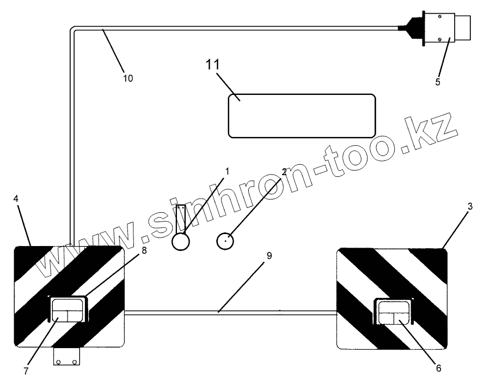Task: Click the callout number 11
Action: point(212,64)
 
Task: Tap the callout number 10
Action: point(127,78)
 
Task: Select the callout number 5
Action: point(438,82)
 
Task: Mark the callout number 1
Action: point(228,171)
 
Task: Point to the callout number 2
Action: point(284,171)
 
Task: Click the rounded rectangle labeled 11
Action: point(301,115)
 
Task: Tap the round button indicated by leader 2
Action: point(225,241)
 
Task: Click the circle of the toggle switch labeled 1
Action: point(181,241)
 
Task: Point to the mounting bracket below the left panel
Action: point(66,357)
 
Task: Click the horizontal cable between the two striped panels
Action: point(229,313)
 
